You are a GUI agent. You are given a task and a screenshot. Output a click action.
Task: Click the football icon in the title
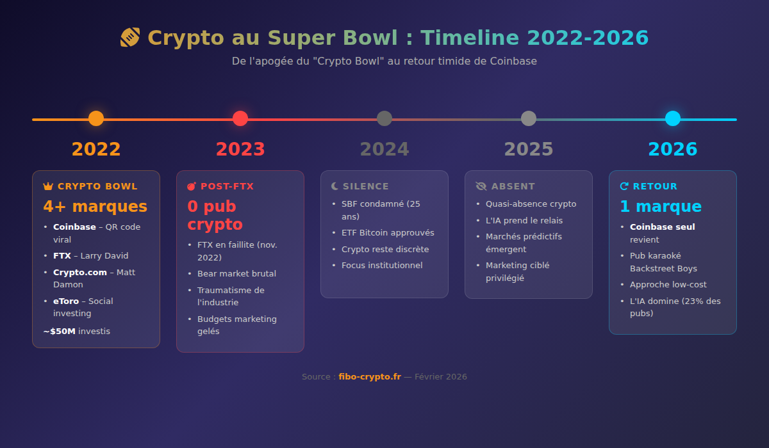coord(129,38)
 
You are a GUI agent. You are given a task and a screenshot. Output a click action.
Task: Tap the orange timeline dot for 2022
coord(96,118)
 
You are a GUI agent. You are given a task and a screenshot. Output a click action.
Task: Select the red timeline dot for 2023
coord(240,118)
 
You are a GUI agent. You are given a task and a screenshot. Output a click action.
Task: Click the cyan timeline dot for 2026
coord(672,118)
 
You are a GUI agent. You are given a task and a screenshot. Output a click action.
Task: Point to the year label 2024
coord(384,149)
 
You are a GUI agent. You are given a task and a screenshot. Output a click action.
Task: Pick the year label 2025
coord(529,149)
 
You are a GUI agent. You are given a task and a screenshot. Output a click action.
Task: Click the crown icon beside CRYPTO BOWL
coord(48,186)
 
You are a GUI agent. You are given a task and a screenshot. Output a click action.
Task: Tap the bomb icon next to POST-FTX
coord(192,186)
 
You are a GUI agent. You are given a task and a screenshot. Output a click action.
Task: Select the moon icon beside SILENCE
coord(335,186)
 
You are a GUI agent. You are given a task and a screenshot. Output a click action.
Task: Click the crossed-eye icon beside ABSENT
coord(481,186)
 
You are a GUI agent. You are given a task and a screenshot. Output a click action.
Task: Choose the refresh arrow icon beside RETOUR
coord(624,186)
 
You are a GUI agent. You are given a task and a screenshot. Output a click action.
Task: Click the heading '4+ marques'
coord(95,207)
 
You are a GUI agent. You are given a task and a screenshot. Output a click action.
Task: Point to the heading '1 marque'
coord(660,207)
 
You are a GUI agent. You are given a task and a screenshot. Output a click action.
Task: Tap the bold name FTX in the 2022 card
coord(62,256)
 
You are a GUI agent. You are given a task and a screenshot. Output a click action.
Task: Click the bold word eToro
coord(66,301)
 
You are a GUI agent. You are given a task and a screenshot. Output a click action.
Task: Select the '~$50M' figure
coord(60,332)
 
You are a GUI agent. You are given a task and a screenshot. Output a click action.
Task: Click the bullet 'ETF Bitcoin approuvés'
coord(388,233)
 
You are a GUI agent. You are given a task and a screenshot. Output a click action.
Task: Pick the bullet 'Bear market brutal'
coord(236,274)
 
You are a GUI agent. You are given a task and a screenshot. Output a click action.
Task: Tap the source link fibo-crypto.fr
coord(370,377)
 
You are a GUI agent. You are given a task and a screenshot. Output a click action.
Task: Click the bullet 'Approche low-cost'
coord(668,285)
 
